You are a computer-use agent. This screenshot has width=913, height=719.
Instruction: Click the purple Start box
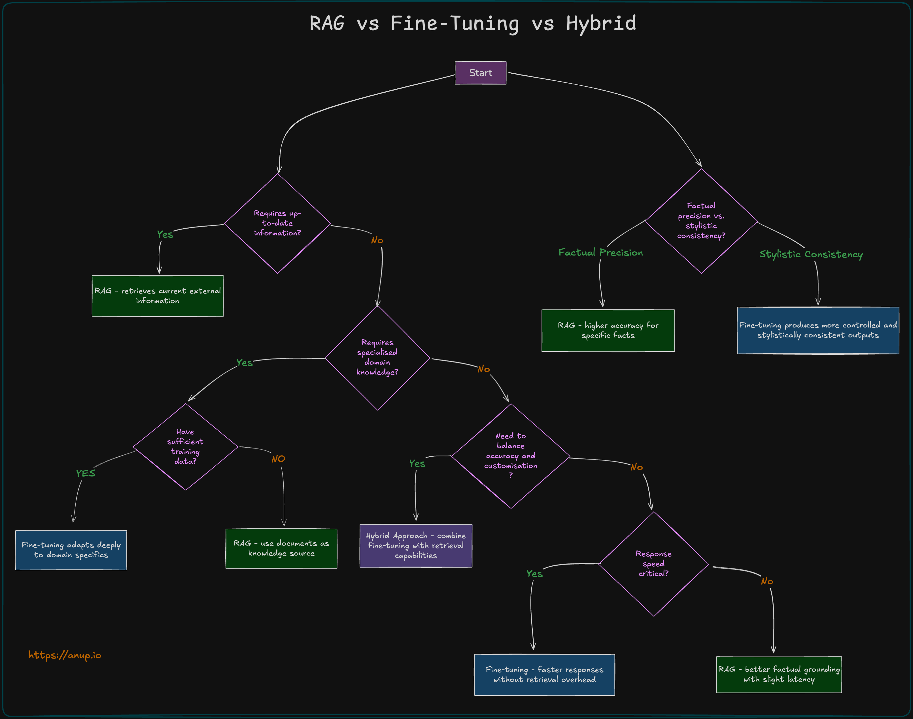click(x=480, y=73)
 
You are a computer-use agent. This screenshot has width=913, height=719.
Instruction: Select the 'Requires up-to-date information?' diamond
click(x=277, y=223)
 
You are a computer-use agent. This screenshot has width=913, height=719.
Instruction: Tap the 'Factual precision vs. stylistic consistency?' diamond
click(x=701, y=221)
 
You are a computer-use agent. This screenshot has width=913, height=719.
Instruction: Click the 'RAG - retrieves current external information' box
click(x=158, y=296)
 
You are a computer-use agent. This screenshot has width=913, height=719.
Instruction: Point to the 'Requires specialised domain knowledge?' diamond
click(x=377, y=358)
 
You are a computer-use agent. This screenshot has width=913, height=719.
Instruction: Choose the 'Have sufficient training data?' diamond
click(x=185, y=447)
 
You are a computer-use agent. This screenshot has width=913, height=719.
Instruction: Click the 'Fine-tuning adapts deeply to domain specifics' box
click(x=71, y=550)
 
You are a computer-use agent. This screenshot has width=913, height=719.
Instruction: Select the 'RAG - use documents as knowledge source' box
click(x=281, y=548)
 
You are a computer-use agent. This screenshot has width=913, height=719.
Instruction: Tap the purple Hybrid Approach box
click(x=416, y=546)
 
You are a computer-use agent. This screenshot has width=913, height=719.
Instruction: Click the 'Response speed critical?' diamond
click(x=654, y=564)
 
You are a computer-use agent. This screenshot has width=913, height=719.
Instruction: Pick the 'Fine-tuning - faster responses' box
click(x=545, y=674)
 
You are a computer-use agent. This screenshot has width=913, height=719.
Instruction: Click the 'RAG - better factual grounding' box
click(x=779, y=674)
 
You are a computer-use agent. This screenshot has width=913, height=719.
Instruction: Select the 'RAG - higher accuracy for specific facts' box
click(x=608, y=330)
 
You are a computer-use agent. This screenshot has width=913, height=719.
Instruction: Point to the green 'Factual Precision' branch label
click(x=600, y=253)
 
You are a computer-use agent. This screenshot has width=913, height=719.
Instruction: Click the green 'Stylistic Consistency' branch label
click(x=811, y=254)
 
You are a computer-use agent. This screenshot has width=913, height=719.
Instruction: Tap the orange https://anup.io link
click(x=65, y=655)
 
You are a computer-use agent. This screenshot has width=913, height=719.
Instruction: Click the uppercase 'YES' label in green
click(x=86, y=473)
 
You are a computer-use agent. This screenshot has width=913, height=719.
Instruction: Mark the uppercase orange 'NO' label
click(x=278, y=459)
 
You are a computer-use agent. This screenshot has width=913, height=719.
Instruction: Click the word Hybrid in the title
click(x=601, y=24)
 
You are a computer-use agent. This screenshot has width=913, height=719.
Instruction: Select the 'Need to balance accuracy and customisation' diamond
click(x=510, y=456)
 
